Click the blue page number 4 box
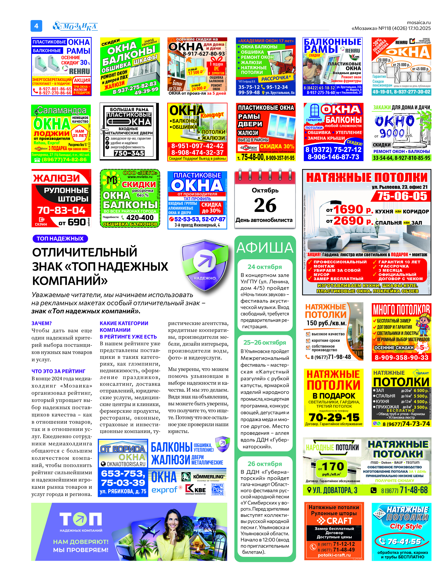pyautogui.click(x=36, y=26)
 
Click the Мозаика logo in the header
pyautogui.click(x=75, y=26)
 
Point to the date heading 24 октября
pyautogui.click(x=265, y=267)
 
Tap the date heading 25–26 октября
pyautogui.click(x=265, y=342)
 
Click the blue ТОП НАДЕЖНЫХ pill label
pyautogui.click(x=60, y=239)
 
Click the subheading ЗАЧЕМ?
pyautogui.click(x=42, y=323)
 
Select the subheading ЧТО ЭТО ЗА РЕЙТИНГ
pyautogui.click(x=58, y=371)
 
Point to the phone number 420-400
pyautogui.click(x=140, y=218)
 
